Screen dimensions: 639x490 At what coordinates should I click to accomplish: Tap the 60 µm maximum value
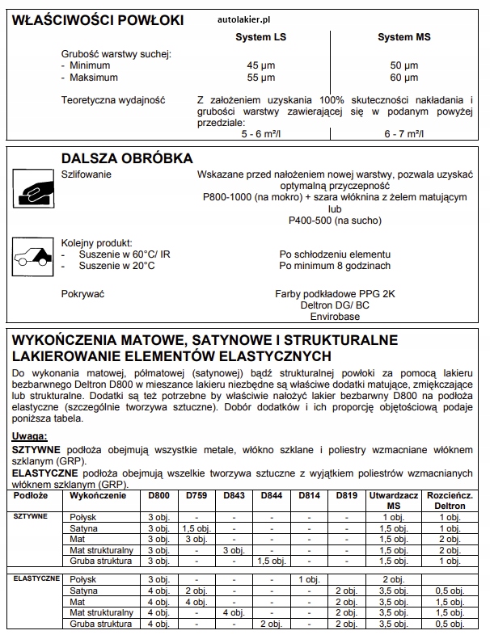[405, 78]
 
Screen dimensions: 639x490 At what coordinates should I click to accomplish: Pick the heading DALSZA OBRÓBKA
[127, 158]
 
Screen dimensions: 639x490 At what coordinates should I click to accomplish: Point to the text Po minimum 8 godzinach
[335, 265]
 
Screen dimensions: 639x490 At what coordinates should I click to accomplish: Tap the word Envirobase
[336, 318]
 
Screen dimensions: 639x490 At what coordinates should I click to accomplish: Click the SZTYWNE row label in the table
[31, 515]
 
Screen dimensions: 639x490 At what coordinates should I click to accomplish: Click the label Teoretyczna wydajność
[113, 100]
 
